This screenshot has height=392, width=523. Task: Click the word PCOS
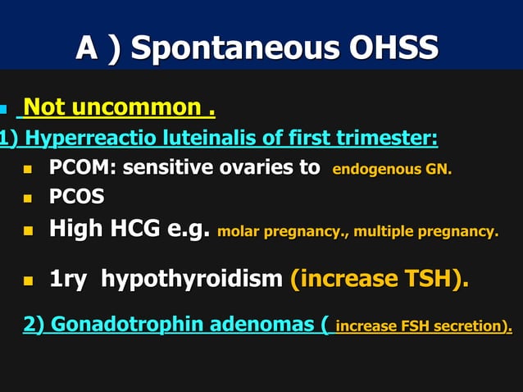[x=76, y=198]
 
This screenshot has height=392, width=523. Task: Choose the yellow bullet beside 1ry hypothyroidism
[x=28, y=280]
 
